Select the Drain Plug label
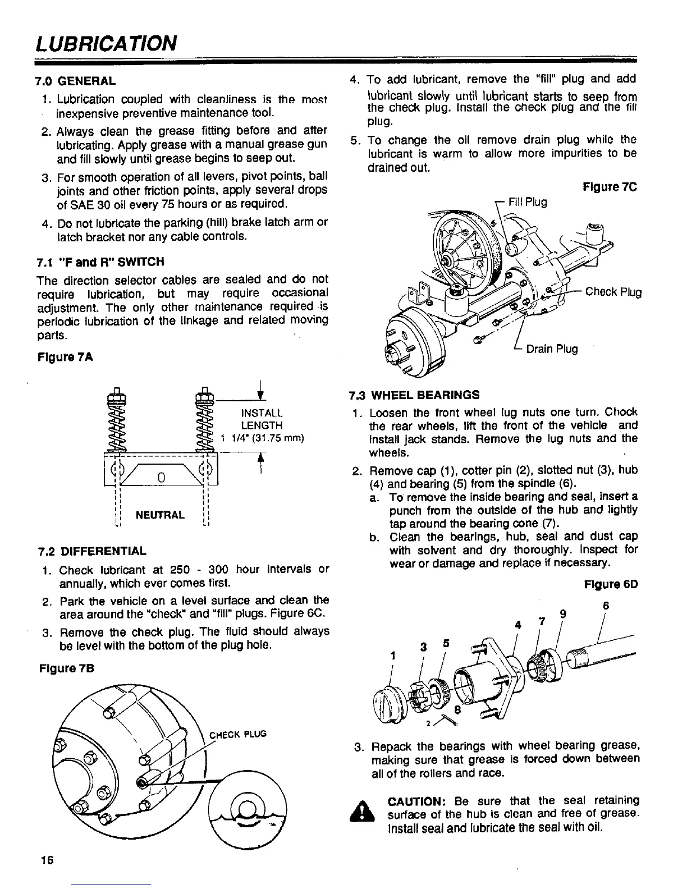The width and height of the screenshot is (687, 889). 552,349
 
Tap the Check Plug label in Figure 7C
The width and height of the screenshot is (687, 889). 613,292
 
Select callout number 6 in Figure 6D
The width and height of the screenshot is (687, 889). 606,606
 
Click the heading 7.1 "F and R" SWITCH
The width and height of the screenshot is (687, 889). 100,262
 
